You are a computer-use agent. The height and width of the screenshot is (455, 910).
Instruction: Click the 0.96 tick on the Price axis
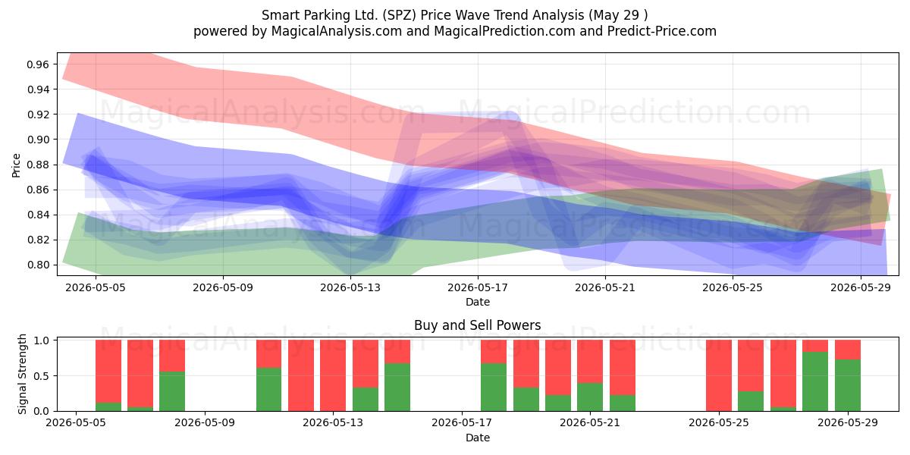pyautogui.click(x=38, y=64)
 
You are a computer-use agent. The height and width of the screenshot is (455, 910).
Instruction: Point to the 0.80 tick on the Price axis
pyautogui.click(x=38, y=265)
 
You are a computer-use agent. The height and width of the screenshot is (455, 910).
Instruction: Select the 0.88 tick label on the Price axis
pyautogui.click(x=38, y=165)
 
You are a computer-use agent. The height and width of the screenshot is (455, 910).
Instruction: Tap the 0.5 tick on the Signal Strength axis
pyautogui.click(x=42, y=376)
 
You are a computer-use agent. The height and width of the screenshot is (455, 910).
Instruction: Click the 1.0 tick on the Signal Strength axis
pyautogui.click(x=42, y=340)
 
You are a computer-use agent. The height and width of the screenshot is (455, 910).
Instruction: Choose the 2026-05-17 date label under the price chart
pyautogui.click(x=478, y=287)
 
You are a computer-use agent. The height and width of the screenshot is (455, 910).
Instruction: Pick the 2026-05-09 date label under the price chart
pyautogui.click(x=223, y=287)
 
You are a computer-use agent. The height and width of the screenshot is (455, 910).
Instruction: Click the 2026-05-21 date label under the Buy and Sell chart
pyautogui.click(x=590, y=423)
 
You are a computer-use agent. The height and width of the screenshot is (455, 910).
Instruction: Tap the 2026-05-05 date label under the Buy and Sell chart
pyautogui.click(x=76, y=423)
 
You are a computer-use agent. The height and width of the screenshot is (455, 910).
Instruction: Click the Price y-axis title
pyautogui.click(x=16, y=165)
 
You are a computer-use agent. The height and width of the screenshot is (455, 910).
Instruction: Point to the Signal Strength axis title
pyautogui.click(x=22, y=374)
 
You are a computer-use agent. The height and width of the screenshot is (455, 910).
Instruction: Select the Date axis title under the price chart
pyautogui.click(x=478, y=302)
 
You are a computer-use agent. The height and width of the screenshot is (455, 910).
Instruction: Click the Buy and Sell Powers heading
pyautogui.click(x=478, y=325)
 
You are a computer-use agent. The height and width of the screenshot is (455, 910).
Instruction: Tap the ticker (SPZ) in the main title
pyautogui.click(x=400, y=15)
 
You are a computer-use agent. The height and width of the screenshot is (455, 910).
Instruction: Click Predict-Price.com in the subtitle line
pyautogui.click(x=662, y=31)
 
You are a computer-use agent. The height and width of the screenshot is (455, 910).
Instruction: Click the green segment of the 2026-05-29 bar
pyautogui.click(x=848, y=385)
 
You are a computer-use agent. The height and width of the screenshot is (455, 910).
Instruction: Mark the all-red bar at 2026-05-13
pyautogui.click(x=333, y=375)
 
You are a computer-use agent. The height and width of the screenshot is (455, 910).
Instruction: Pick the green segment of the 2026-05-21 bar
pyautogui.click(x=590, y=397)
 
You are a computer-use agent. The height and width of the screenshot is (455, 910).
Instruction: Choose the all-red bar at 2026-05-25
pyautogui.click(x=719, y=375)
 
